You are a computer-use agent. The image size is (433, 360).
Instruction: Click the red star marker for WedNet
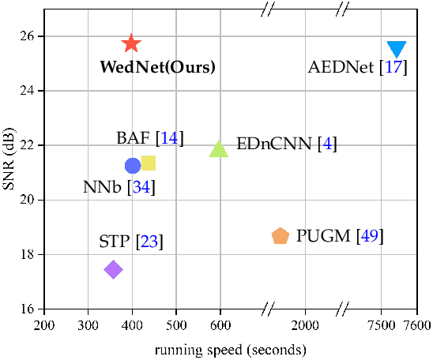tap(131, 43)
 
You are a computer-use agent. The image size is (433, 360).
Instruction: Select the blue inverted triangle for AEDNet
tap(397, 49)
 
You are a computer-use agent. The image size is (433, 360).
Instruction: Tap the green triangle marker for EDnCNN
tap(219, 148)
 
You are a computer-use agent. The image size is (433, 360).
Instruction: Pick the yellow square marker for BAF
tap(148, 163)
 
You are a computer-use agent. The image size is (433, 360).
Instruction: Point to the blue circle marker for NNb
tap(133, 165)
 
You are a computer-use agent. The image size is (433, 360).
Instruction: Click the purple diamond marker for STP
tap(113, 270)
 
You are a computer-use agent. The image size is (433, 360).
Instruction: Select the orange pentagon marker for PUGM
tap(280, 236)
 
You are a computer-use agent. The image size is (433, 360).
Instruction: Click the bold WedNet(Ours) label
tap(157, 67)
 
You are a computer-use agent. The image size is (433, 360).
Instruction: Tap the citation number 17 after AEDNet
tap(393, 67)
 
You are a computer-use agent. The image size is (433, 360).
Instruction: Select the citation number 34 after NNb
tap(142, 188)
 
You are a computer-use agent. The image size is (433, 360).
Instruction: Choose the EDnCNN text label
tap(273, 144)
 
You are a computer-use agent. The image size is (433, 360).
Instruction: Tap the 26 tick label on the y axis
tap(26, 36)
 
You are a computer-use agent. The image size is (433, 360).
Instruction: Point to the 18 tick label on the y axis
tap(26, 255)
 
